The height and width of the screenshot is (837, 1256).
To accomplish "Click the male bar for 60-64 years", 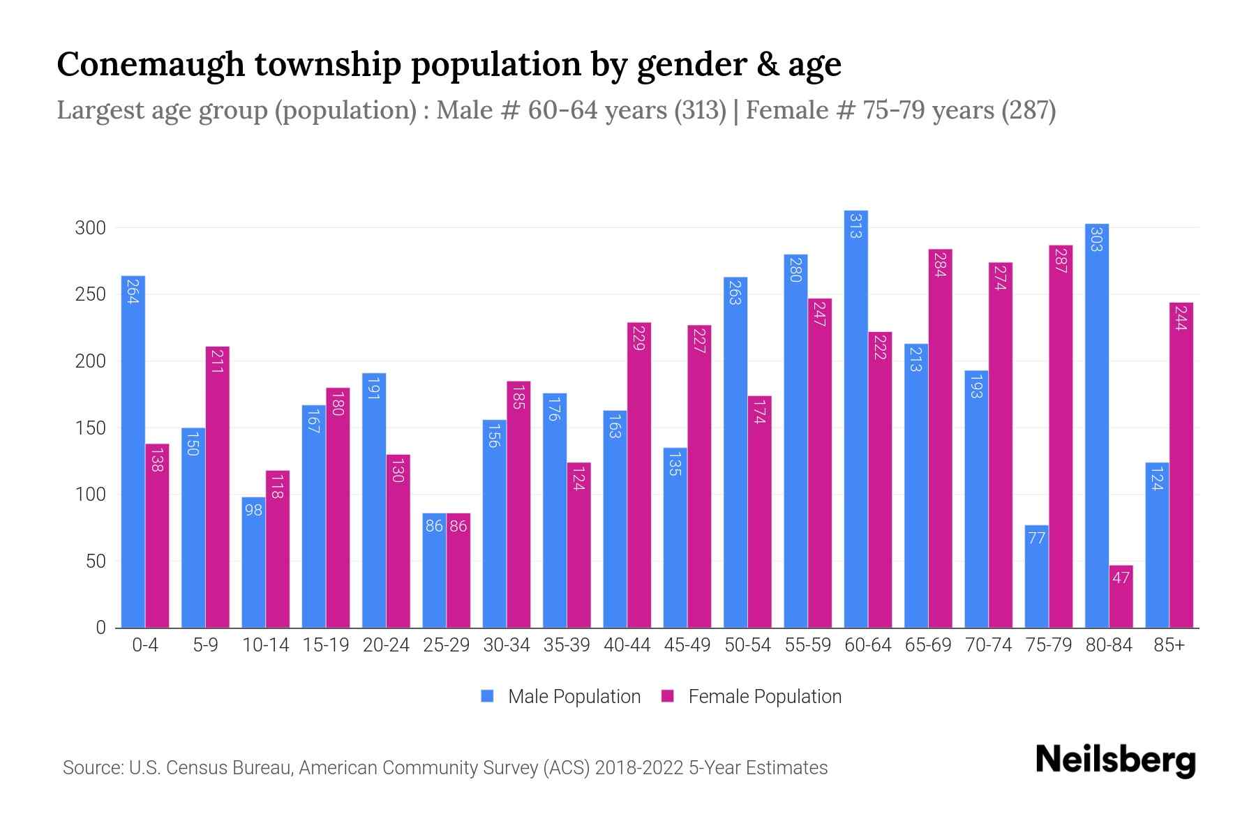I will coord(855,418).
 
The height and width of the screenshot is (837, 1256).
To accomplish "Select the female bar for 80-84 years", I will coord(1121,596).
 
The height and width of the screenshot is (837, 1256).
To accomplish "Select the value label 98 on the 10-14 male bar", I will coord(253,510).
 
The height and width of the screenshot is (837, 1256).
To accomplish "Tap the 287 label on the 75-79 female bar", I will coord(1061,260).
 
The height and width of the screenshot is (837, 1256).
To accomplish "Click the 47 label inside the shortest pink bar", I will coord(1121,578).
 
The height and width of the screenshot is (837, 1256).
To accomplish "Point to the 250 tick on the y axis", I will coord(91,294).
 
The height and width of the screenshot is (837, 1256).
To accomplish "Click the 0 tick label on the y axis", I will coord(101,628).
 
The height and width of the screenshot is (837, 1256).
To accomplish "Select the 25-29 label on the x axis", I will coord(446,645).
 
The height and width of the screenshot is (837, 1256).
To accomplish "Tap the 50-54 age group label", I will coord(747,645).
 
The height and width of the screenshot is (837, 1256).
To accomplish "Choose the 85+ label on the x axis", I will coord(1169,645).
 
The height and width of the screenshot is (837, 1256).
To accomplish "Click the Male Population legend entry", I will coord(574,696).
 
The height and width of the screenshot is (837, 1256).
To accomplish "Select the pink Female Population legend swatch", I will coord(668,696).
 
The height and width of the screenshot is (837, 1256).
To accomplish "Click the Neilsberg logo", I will coord(1115,760).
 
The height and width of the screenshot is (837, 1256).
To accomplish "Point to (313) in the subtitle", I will coord(700,110).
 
